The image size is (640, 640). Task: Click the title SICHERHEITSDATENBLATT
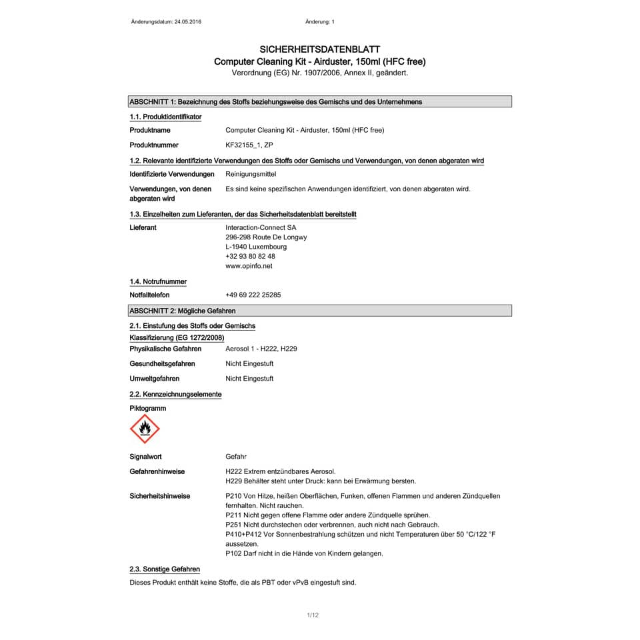tap(319, 49)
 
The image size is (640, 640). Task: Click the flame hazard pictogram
tap(144, 428)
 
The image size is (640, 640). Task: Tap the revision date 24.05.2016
tap(187, 22)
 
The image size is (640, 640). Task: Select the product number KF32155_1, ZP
tap(249, 145)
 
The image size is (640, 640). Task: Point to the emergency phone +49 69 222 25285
tap(253, 295)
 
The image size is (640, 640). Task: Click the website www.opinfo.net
tap(249, 266)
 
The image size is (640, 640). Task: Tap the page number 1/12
tap(313, 615)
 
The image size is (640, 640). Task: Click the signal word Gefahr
tap(236, 457)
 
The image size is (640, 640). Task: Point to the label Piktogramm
tap(147, 408)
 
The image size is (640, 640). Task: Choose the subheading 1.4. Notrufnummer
tap(158, 281)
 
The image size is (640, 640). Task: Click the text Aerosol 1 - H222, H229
tap(261, 349)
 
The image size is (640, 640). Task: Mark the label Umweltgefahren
tap(154, 379)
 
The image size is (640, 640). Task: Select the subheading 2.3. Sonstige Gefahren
tap(165, 569)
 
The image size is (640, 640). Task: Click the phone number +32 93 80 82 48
tap(250, 256)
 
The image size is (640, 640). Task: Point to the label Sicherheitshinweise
tap(159, 496)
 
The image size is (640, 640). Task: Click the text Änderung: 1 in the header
tap(319, 22)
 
